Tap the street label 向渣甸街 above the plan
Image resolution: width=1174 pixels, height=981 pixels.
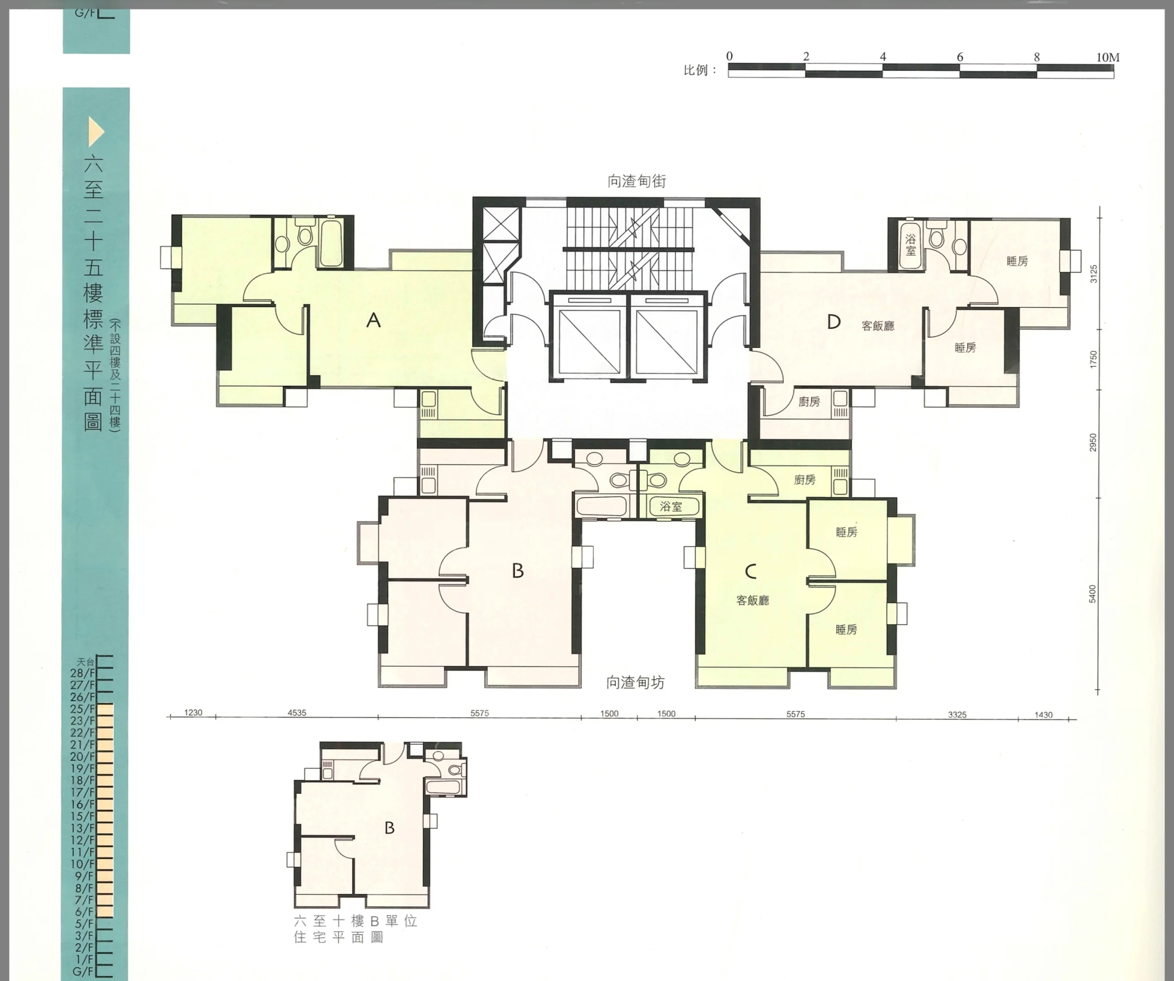(x=637, y=181)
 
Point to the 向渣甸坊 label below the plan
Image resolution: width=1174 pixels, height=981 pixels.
(x=636, y=682)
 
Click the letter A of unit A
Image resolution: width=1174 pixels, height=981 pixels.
(x=373, y=320)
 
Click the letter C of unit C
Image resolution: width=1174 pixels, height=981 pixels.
(x=751, y=571)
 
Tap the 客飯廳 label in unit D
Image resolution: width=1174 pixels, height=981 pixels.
(x=878, y=326)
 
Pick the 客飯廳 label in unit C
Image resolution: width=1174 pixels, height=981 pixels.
(x=752, y=601)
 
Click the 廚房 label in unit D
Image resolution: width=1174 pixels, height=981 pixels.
(x=809, y=401)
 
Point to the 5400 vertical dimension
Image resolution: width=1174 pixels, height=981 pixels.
(x=1092, y=594)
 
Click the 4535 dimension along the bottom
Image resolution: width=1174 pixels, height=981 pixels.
(x=297, y=713)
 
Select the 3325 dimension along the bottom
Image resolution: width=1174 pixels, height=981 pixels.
(x=957, y=714)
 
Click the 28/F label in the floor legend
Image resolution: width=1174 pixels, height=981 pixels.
(x=83, y=673)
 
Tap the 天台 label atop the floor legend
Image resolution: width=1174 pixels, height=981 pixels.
(x=86, y=662)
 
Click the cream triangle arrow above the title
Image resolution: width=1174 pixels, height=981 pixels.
(x=96, y=132)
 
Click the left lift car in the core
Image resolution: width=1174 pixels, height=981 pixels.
(x=589, y=337)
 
